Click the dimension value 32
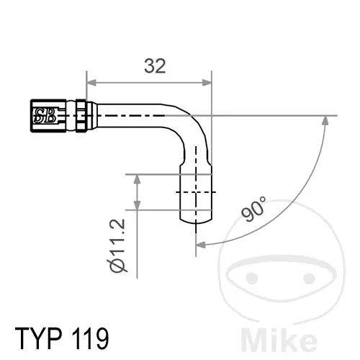[x=155, y=66]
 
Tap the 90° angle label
[x=254, y=209]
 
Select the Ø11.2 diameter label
[x=117, y=246]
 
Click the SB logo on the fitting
[x=45, y=115]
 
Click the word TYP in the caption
[x=39, y=338]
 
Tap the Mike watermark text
[x=279, y=338]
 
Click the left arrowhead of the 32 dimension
[x=91, y=83]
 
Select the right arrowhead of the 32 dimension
[x=207, y=83]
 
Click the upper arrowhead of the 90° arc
[x=325, y=120]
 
